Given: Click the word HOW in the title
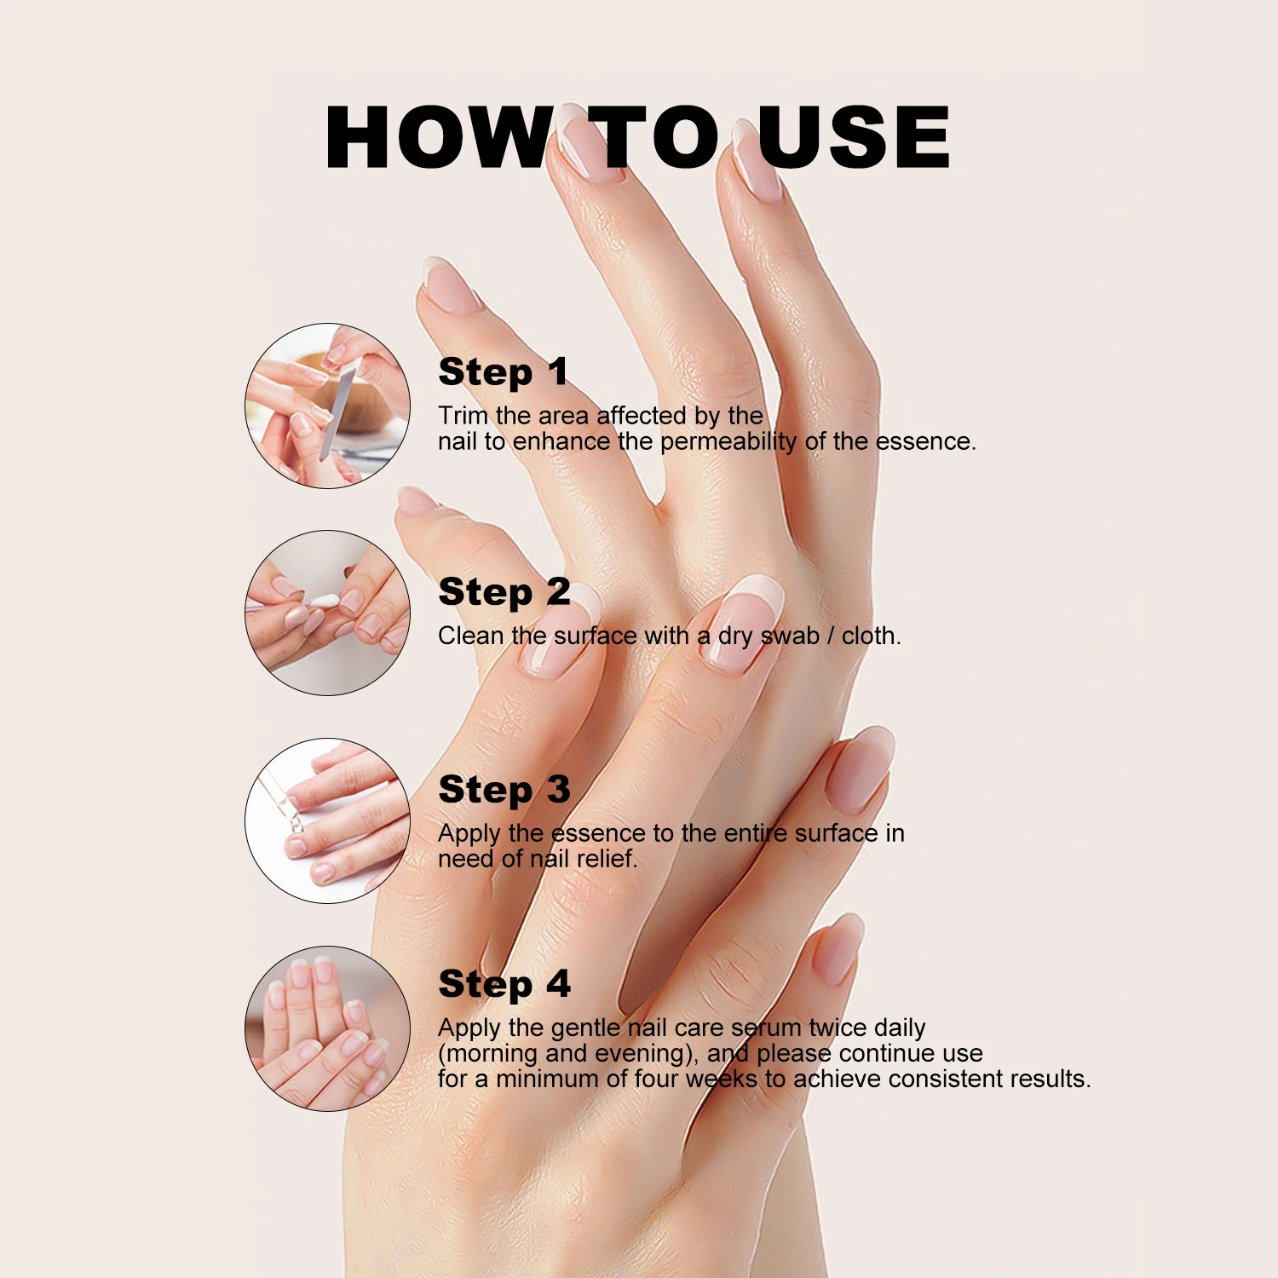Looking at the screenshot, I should [x=439, y=138].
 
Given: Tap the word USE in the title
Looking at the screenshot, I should [x=853, y=138].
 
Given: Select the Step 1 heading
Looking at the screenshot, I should [x=503, y=372].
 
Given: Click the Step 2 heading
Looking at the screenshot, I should [x=504, y=592].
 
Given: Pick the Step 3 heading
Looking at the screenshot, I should [x=504, y=790].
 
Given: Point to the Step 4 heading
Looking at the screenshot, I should [x=504, y=984].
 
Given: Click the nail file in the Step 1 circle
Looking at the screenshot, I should [x=337, y=409].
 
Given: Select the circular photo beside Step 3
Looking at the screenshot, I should [x=327, y=820].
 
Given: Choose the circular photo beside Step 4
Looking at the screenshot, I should [x=327, y=1028].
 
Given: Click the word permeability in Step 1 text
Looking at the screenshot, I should [x=729, y=441].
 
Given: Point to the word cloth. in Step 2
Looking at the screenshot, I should [x=871, y=636].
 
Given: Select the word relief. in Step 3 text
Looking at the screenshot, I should [x=607, y=859].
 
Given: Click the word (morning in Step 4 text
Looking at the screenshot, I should [x=488, y=1054].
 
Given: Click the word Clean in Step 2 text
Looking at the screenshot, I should [x=470, y=636].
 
